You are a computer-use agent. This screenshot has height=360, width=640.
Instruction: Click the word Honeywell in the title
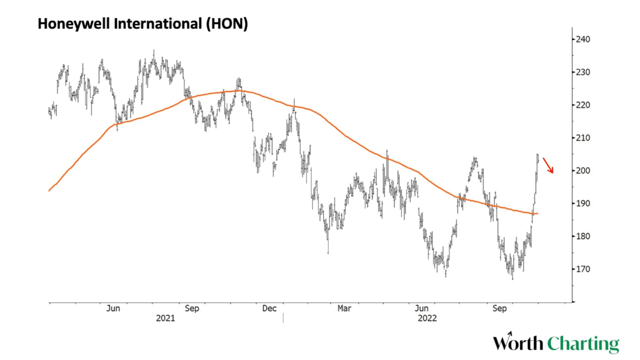pos(72,24)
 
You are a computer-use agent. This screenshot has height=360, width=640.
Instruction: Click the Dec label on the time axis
pos(269,308)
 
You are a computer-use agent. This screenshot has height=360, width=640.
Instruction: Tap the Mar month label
pos(344,308)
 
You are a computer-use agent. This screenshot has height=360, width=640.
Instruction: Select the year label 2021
pos(165,318)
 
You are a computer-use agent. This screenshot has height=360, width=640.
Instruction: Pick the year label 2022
pos(426,318)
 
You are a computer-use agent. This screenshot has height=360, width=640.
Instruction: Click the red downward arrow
pos(548,165)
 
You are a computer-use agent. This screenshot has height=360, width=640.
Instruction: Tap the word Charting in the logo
pos(583,344)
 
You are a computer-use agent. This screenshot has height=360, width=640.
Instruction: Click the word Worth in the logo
pos(518,343)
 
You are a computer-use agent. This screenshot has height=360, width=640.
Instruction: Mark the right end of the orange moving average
pos(537,213)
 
